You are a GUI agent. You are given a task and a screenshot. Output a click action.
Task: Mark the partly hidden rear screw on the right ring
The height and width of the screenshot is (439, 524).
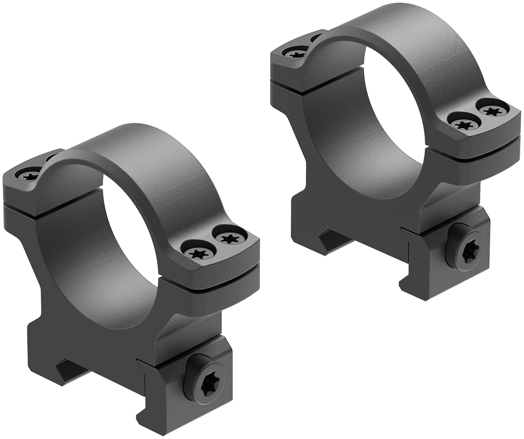316,37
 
